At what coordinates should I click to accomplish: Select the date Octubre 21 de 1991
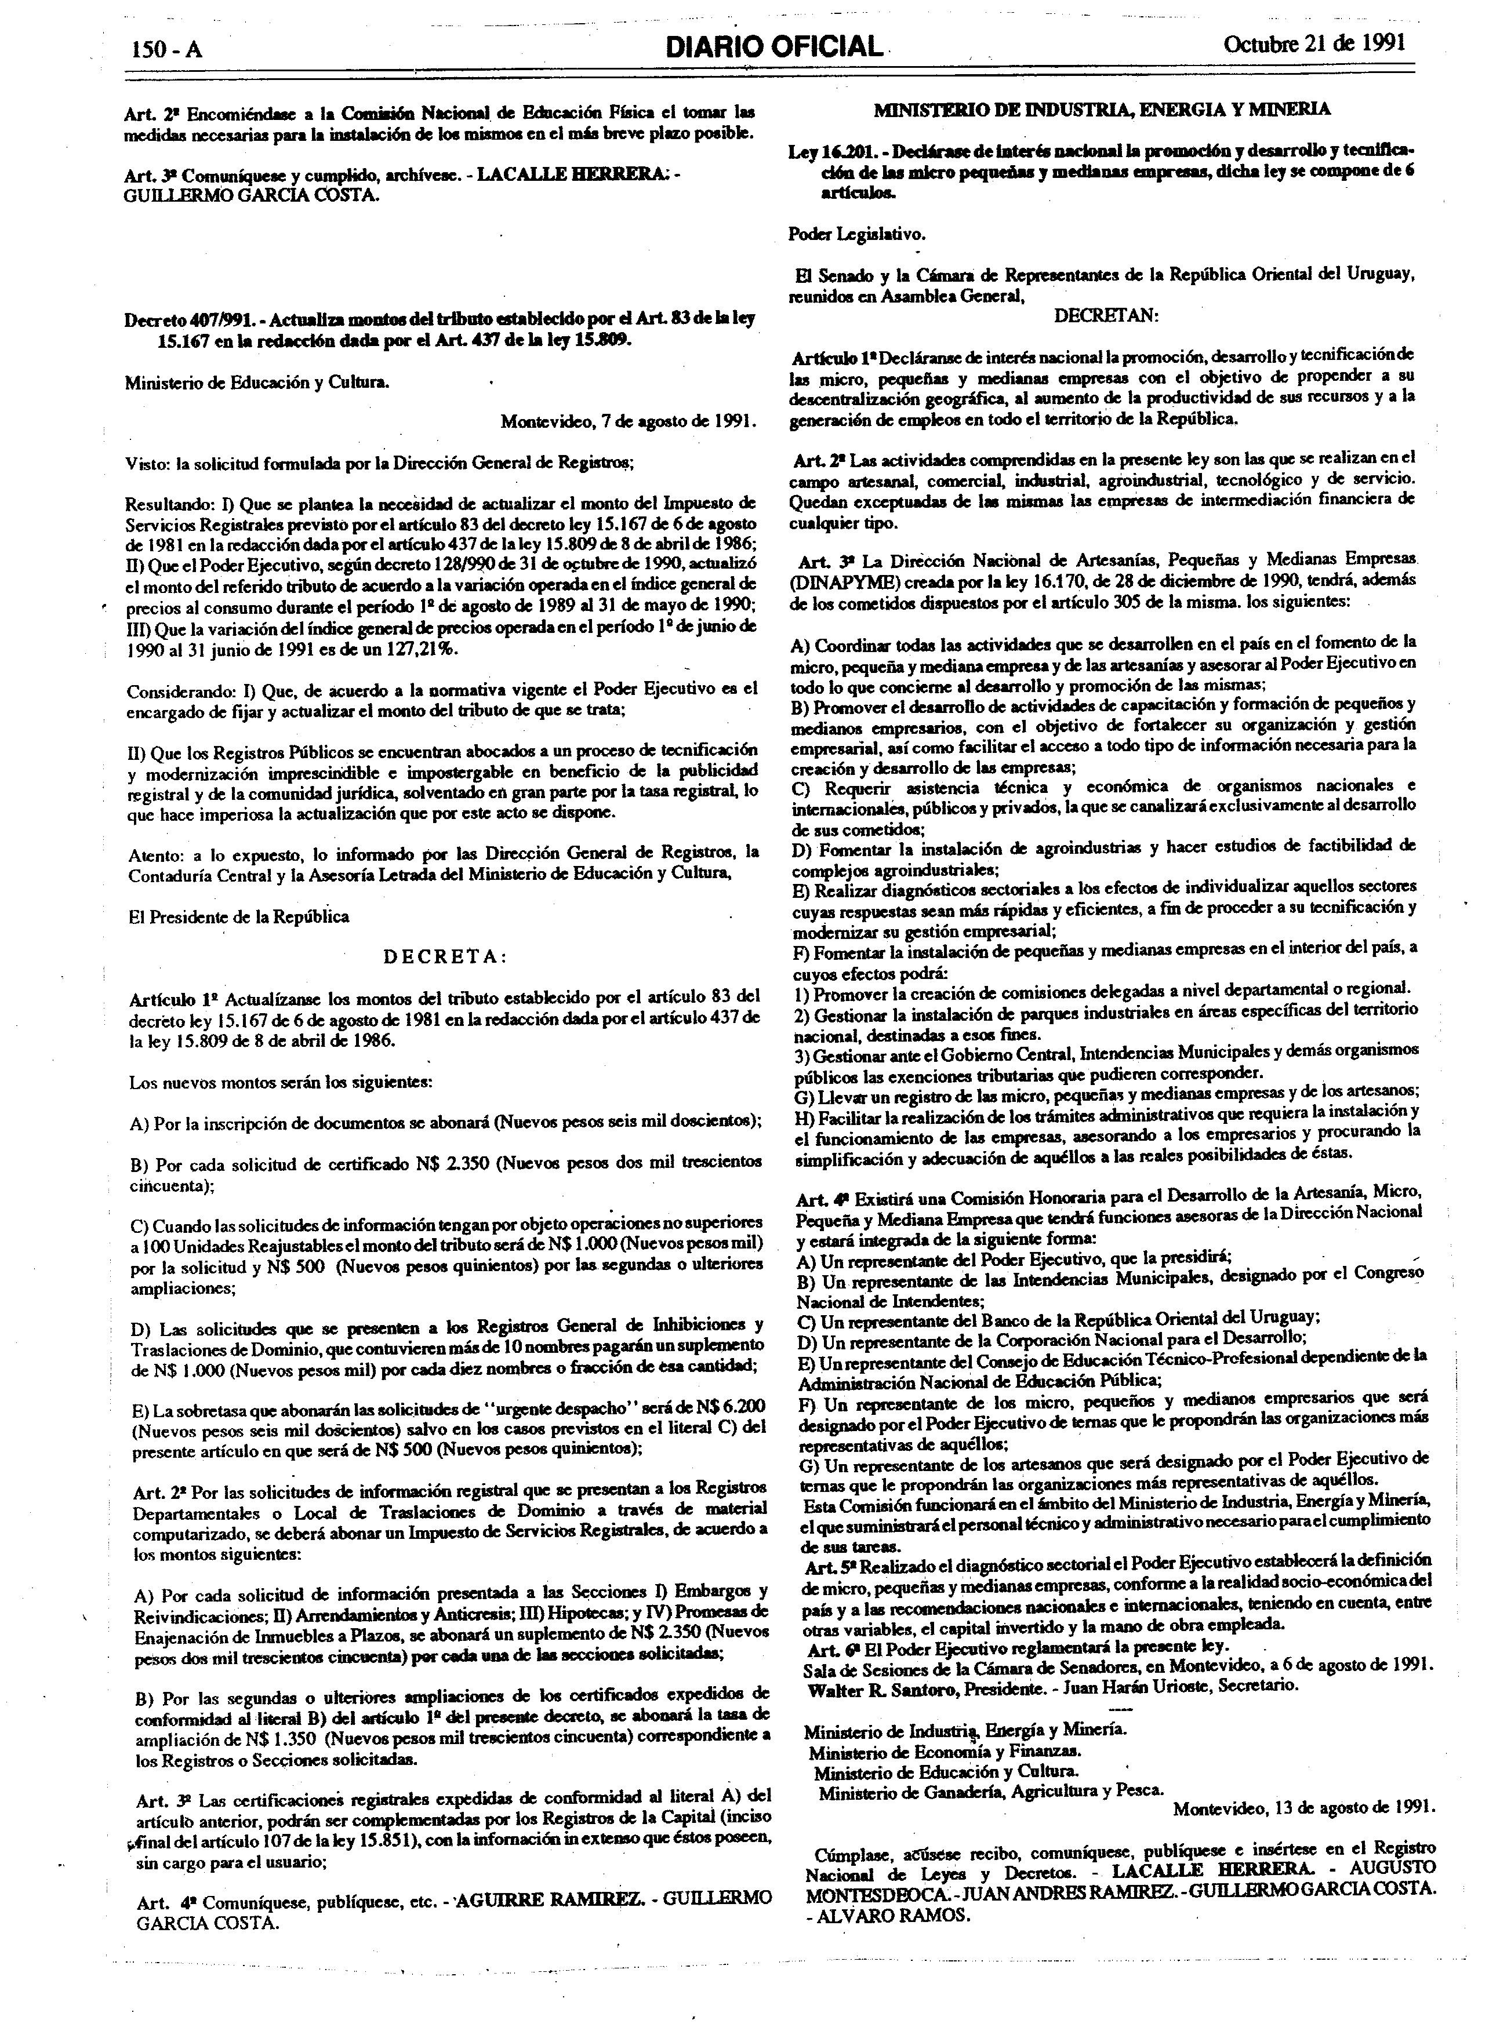(x=1313, y=44)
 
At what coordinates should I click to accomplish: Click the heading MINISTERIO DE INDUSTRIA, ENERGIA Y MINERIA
(x=1102, y=110)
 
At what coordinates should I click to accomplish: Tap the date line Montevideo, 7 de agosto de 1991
(x=628, y=421)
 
